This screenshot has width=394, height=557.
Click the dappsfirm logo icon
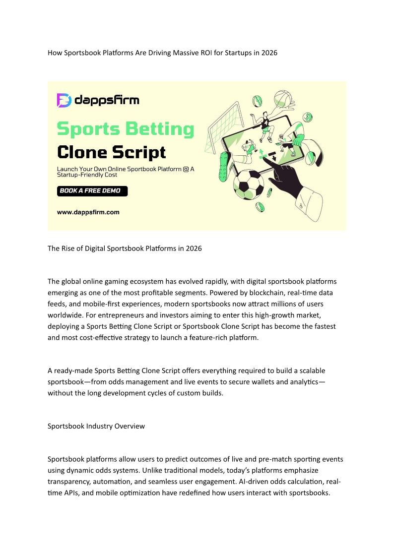(65, 100)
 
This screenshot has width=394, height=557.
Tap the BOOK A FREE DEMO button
(92, 191)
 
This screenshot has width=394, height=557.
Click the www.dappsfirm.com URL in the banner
(88, 212)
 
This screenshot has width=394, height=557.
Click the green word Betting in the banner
(158, 129)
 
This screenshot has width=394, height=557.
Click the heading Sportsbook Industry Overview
(96, 426)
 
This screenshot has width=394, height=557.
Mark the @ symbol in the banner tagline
(186, 170)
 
